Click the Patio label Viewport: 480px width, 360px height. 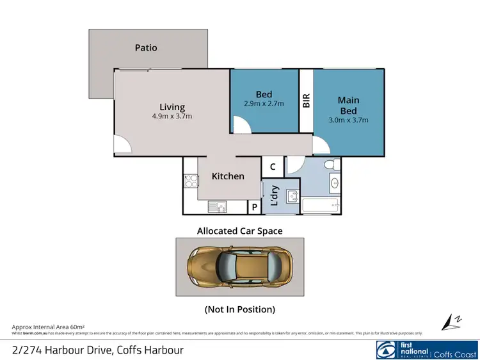coord(146,47)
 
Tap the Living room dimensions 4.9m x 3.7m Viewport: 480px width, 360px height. coord(172,117)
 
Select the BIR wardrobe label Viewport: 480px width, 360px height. coord(307,101)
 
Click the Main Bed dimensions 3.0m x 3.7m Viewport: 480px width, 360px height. coord(348,119)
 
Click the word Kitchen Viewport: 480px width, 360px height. coord(228,176)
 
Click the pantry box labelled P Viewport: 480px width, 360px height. coord(254,208)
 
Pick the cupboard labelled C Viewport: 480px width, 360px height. coord(273,167)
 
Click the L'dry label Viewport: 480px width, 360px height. coord(273,195)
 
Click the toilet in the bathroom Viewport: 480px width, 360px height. coord(330,166)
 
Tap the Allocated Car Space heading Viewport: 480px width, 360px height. coord(239,231)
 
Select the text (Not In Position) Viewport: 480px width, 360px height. coord(239,309)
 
